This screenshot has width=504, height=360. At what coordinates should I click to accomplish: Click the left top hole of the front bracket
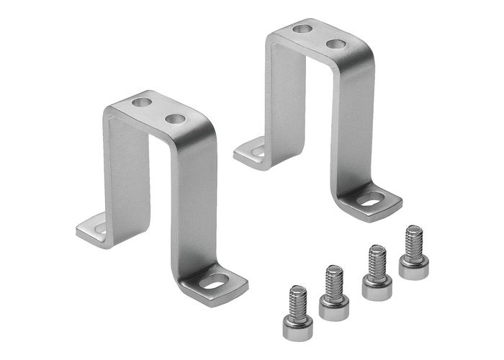(142, 102)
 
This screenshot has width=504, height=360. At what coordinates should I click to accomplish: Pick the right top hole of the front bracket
(174, 118)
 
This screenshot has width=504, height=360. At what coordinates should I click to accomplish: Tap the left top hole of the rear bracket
(302, 29)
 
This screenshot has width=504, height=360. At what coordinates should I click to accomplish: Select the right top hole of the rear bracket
(335, 44)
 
